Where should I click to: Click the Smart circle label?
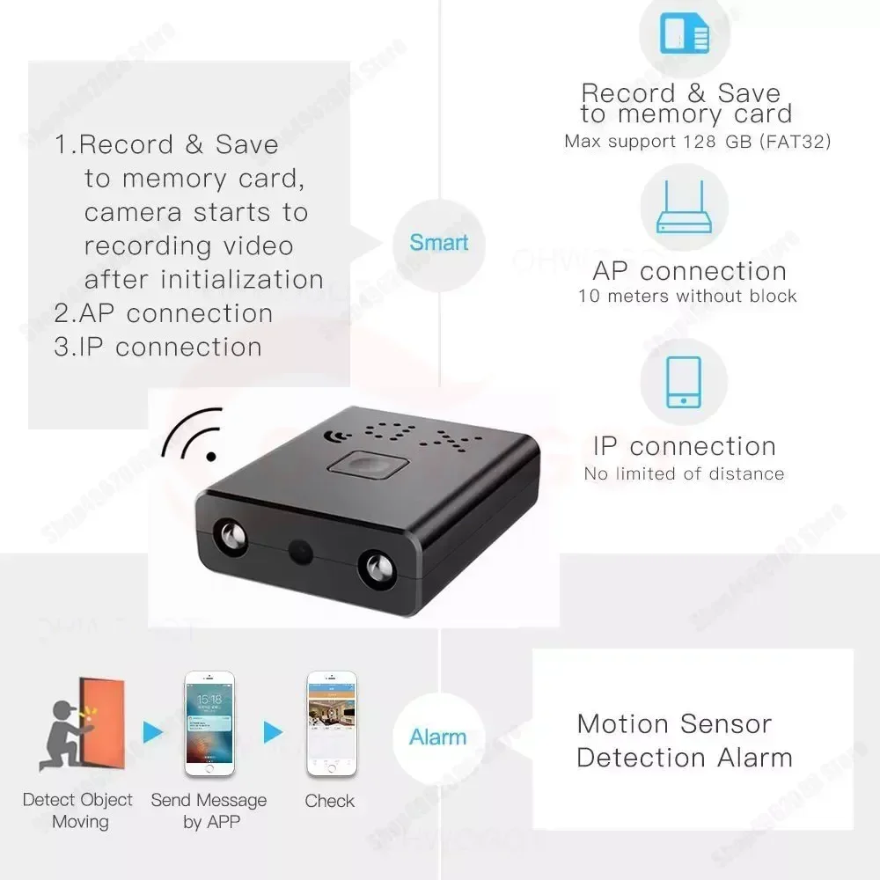click(x=438, y=242)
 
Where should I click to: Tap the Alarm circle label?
click(x=437, y=737)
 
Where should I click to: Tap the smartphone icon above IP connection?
click(x=684, y=382)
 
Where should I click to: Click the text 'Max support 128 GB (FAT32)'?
click(x=697, y=142)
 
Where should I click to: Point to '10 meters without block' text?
click(x=687, y=297)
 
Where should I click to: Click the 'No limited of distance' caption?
click(x=684, y=474)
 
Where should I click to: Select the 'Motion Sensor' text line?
click(x=674, y=724)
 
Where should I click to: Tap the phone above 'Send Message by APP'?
click(x=209, y=723)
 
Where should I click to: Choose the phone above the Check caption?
click(x=330, y=723)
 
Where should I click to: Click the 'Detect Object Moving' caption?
click(x=78, y=810)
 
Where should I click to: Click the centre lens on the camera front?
click(x=299, y=554)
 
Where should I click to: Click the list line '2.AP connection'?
click(x=164, y=313)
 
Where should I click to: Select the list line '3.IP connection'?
click(x=158, y=347)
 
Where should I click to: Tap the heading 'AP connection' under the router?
click(x=689, y=271)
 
